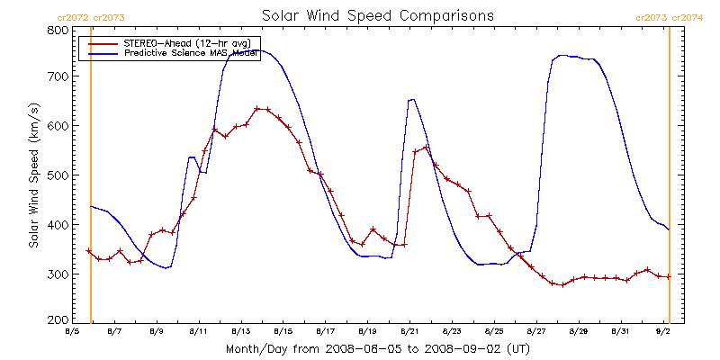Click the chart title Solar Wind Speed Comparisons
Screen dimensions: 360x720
point(377,16)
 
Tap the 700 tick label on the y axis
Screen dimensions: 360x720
point(58,76)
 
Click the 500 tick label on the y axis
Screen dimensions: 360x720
point(58,175)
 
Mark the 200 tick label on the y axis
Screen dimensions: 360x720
point(58,319)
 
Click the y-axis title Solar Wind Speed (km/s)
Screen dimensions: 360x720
point(33,175)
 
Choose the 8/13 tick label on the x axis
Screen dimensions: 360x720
point(240,332)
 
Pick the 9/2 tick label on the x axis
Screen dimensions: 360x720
point(663,332)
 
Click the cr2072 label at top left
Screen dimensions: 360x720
point(73,18)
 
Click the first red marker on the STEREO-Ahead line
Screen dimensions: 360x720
point(88,251)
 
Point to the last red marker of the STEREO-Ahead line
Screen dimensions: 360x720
point(668,276)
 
